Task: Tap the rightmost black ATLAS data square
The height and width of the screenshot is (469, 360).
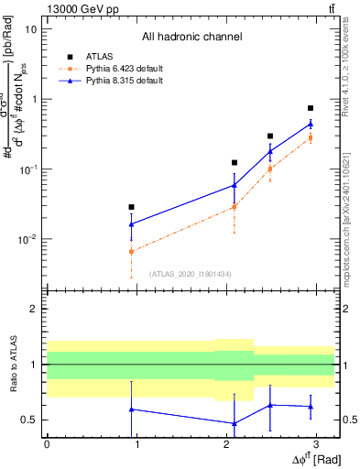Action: coord(311,108)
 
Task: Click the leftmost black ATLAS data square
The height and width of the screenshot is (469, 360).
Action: coord(132,207)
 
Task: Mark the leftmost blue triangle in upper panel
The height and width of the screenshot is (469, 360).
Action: coord(132,224)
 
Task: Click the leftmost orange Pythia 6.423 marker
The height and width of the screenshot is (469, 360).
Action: coord(132,251)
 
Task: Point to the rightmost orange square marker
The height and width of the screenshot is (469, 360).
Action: coord(311,138)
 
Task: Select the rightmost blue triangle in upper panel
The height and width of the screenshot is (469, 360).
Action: coord(311,124)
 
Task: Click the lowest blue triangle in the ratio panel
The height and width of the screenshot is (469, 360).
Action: coord(235,423)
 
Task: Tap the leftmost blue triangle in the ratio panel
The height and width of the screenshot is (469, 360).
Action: coord(132,409)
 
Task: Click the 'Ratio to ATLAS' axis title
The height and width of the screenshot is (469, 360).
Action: coord(12,365)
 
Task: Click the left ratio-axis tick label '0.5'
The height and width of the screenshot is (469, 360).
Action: coord(29,420)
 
